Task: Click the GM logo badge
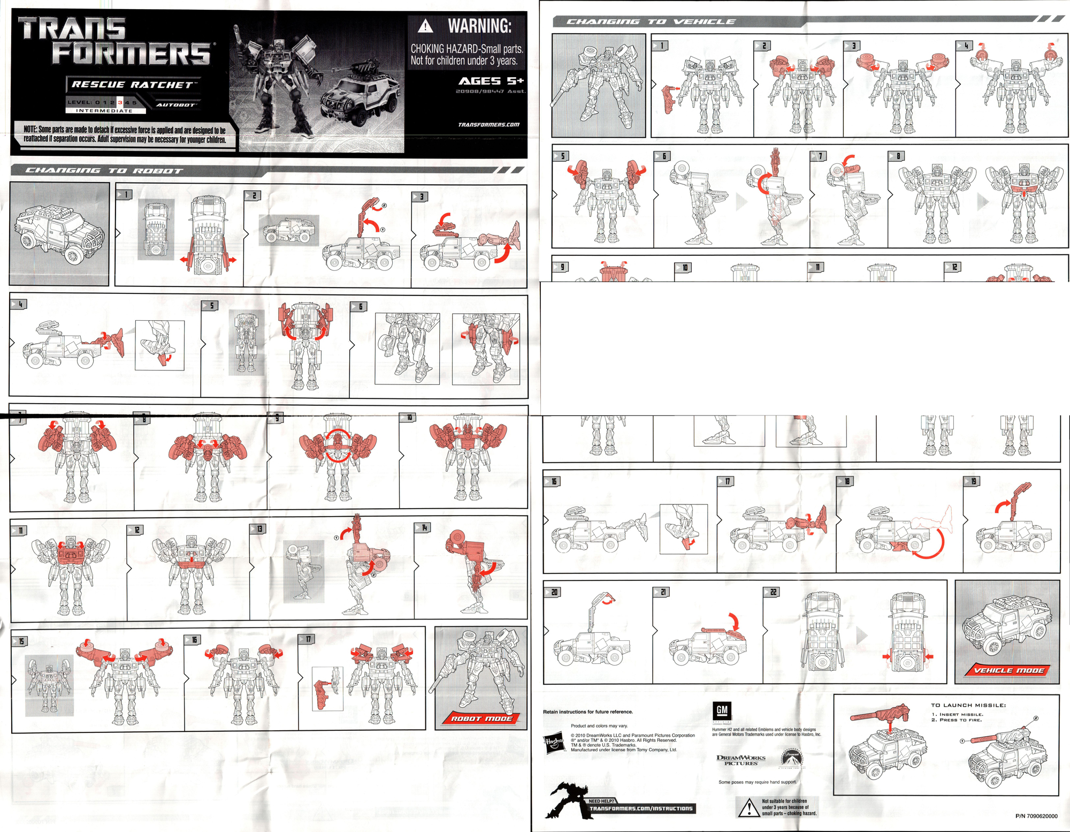point(721,710)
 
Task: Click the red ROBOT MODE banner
point(481,718)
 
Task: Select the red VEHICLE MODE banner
point(1008,670)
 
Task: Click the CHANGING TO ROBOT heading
point(104,171)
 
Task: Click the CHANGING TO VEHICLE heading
point(651,22)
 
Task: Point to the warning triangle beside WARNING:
point(425,26)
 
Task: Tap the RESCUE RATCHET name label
point(133,85)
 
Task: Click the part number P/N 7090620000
point(1036,816)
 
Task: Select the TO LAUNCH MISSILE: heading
point(968,705)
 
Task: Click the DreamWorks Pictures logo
point(740,760)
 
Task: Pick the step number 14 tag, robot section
point(423,528)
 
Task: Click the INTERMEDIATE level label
point(104,111)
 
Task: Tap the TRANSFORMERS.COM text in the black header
point(488,125)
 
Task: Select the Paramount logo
point(792,759)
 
